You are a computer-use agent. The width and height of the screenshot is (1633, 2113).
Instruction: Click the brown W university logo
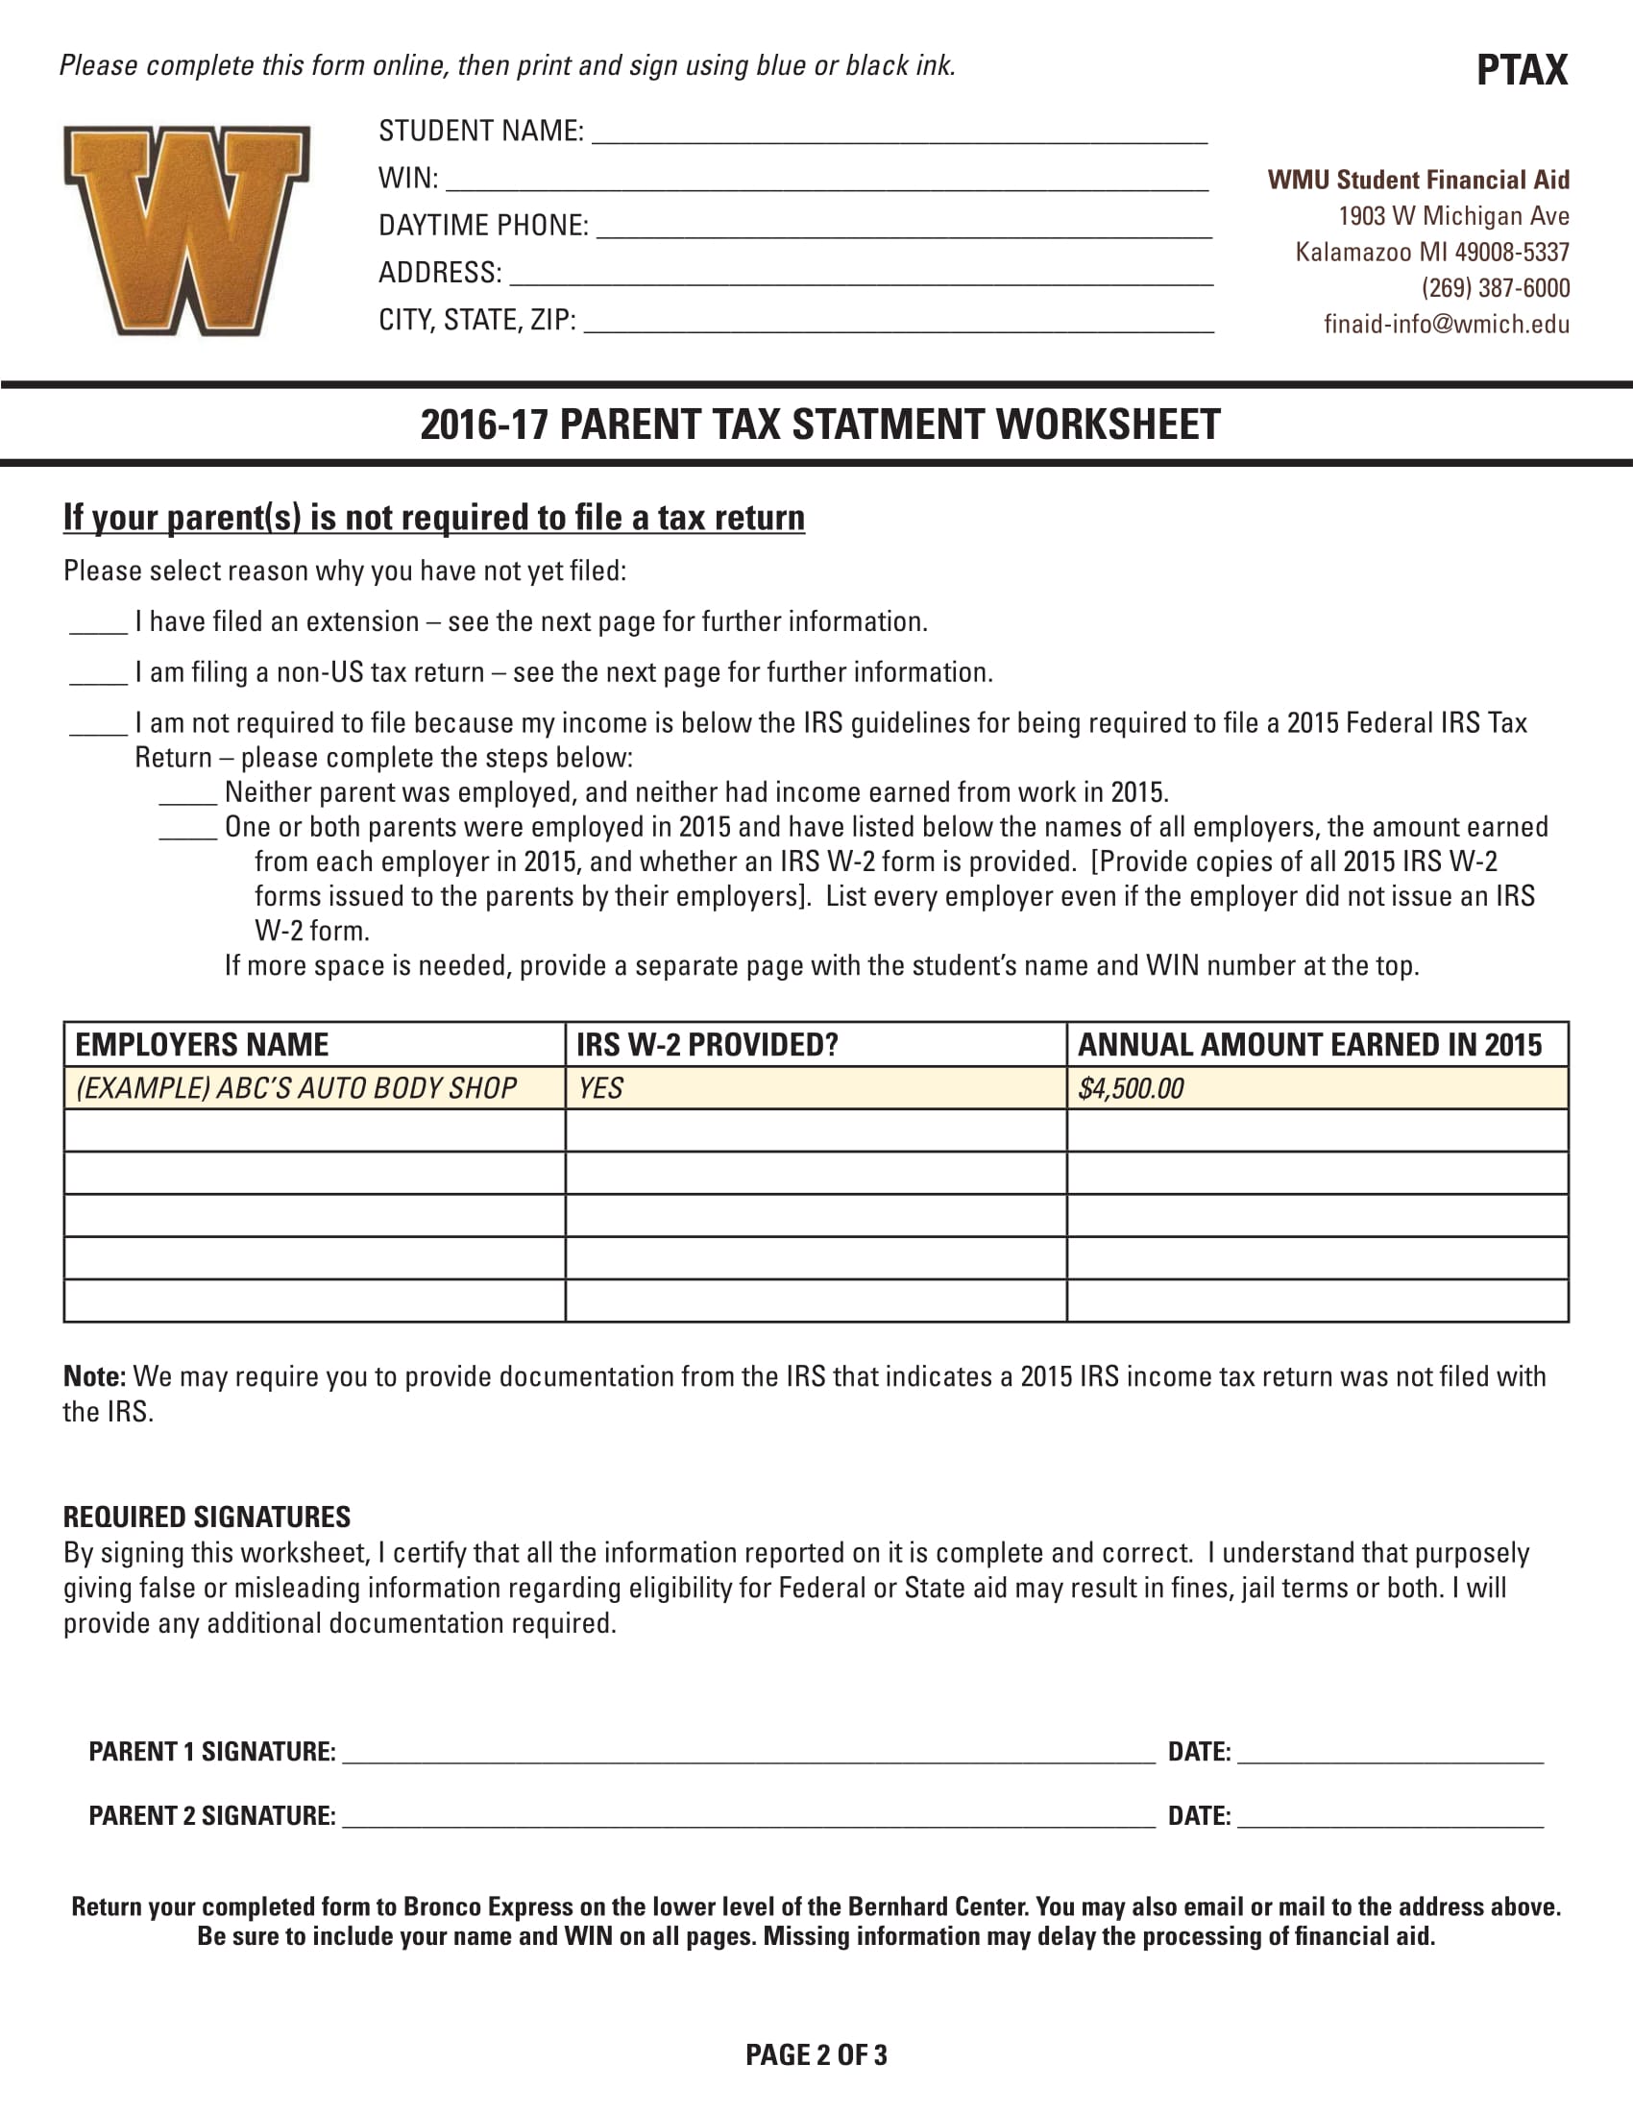(186, 231)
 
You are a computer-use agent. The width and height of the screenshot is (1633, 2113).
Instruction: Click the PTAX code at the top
(1521, 71)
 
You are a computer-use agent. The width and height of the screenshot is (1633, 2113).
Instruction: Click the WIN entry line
(826, 182)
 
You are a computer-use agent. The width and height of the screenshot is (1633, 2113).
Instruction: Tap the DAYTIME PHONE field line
(904, 230)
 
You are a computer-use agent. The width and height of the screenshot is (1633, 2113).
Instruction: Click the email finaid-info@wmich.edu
(1446, 324)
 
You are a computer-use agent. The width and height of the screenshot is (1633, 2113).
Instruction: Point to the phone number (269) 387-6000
(1495, 288)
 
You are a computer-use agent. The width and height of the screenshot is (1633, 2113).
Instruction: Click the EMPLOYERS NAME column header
(201, 1045)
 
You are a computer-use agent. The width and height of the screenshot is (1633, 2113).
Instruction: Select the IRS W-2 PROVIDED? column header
(706, 1045)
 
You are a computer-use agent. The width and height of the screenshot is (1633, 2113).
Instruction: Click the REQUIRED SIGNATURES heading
(207, 1516)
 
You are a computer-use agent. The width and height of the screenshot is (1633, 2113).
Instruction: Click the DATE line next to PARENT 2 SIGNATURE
(1389, 1820)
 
